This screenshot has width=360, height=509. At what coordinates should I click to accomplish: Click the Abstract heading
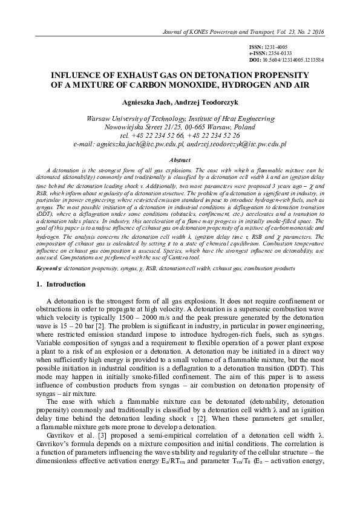180,160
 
